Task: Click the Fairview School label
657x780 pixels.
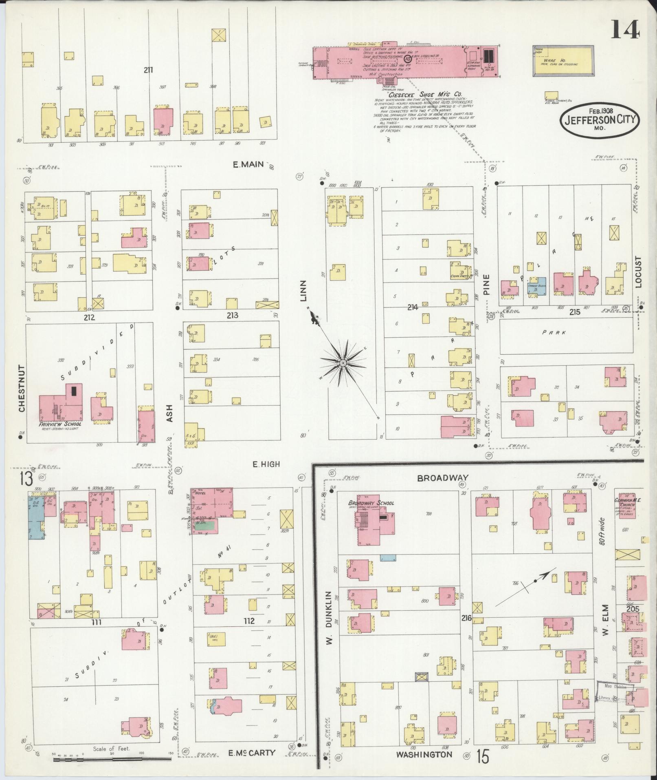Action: (x=60, y=424)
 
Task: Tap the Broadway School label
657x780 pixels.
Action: (x=371, y=503)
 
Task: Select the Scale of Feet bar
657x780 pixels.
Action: (x=112, y=759)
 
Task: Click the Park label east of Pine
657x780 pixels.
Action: (x=554, y=332)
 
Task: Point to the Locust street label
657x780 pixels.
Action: (x=638, y=272)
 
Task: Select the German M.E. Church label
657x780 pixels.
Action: (x=628, y=502)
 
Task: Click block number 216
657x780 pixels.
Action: (x=466, y=619)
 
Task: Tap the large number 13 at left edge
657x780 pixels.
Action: (x=26, y=479)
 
